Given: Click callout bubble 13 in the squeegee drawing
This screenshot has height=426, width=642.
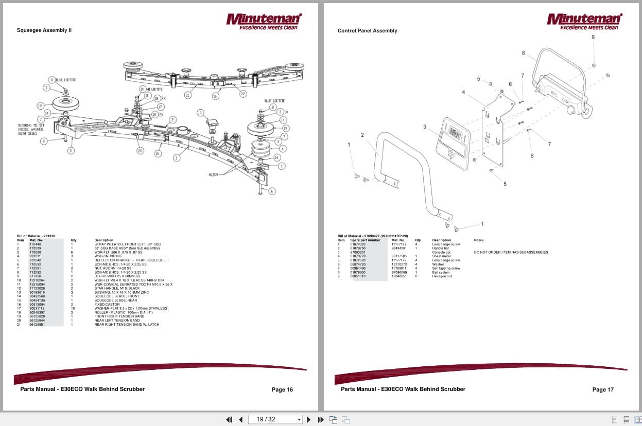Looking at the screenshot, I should [x=200, y=113].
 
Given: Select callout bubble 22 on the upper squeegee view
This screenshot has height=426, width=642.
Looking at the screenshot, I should [x=243, y=93].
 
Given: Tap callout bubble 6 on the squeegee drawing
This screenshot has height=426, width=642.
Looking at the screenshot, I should [x=272, y=191].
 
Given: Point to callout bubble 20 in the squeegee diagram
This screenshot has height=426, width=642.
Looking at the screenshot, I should [x=140, y=151].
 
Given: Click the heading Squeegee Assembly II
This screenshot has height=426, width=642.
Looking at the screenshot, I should [x=44, y=30].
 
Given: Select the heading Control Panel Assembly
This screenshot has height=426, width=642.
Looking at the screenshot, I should [x=367, y=31].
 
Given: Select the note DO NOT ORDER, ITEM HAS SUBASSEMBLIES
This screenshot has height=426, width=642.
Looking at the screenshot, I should [x=511, y=252].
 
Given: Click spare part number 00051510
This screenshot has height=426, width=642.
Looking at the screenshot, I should [x=358, y=276].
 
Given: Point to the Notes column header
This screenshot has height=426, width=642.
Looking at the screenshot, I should [x=479, y=240].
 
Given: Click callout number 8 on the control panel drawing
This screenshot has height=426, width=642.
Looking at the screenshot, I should [x=523, y=53].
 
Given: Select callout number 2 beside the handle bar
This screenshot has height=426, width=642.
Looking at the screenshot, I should [x=362, y=135].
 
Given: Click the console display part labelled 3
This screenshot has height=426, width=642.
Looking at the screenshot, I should [x=452, y=141].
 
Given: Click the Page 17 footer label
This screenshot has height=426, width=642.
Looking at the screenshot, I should [x=603, y=389].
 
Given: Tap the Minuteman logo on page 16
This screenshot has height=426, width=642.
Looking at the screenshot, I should [x=264, y=21].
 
